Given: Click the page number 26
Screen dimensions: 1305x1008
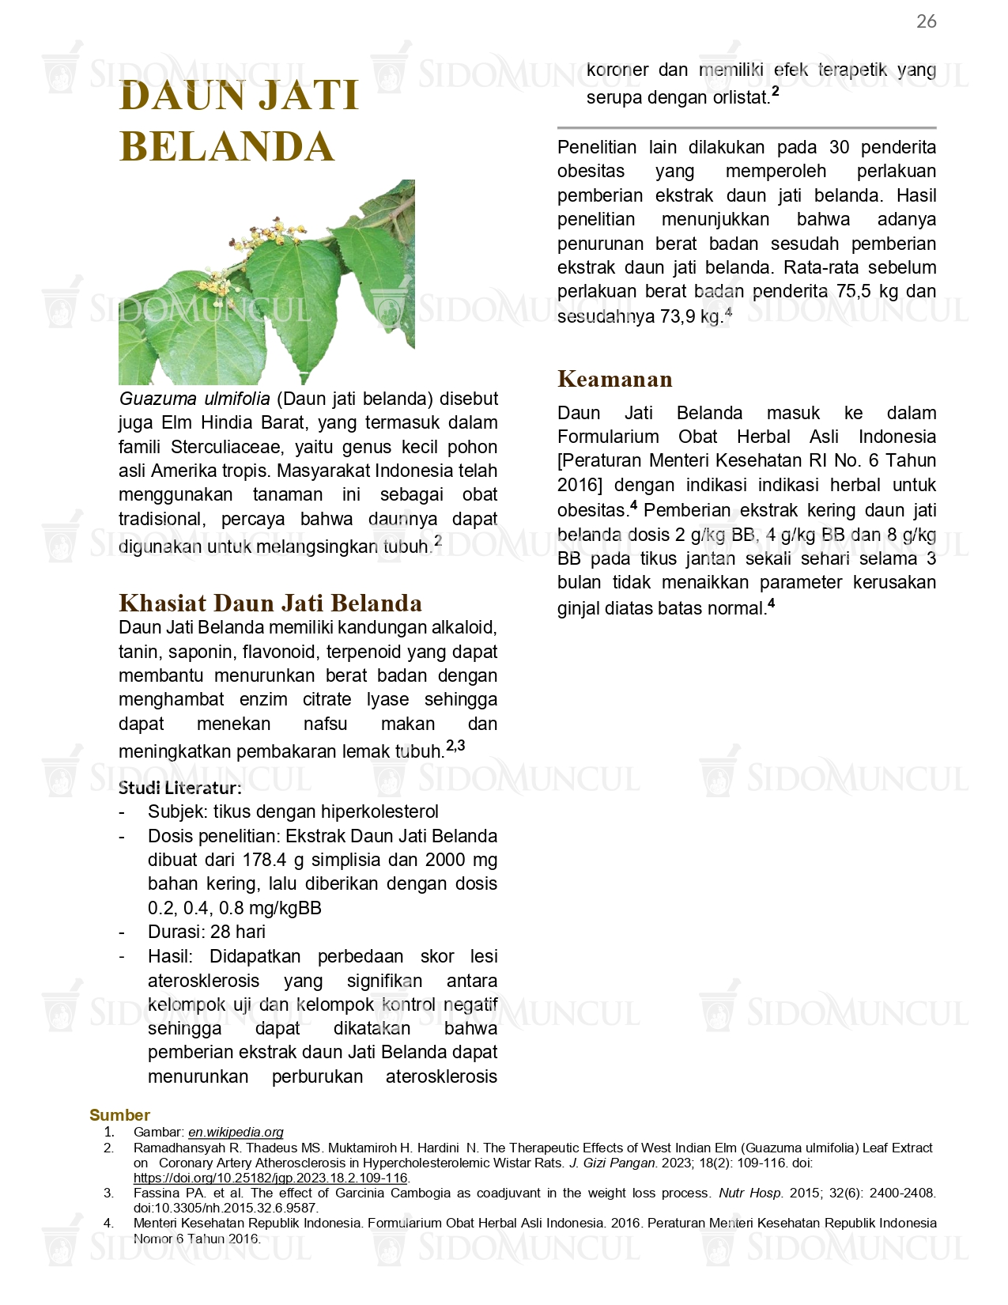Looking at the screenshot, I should pos(926,21).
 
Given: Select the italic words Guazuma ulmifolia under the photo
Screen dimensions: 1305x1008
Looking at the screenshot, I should pos(194,399).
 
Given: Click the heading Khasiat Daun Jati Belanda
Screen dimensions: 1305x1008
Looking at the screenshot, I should pos(270,603).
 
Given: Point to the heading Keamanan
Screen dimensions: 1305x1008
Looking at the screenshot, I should pos(614,380).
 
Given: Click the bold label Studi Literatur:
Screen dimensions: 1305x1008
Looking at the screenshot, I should pos(180,788).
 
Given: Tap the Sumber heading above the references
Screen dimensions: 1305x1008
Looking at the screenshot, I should pos(119,1115).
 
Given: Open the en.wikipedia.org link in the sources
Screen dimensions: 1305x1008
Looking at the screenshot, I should pos(236,1133).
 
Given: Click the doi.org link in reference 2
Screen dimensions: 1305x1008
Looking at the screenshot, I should pos(270,1178).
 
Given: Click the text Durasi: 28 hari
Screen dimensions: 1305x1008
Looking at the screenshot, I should pos(206,932).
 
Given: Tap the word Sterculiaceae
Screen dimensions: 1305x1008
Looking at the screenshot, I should pos(226,447).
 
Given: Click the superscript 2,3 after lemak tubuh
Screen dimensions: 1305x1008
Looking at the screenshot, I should pos(455,746).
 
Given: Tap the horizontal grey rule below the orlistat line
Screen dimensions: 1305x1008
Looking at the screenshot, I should pos(746,127).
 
